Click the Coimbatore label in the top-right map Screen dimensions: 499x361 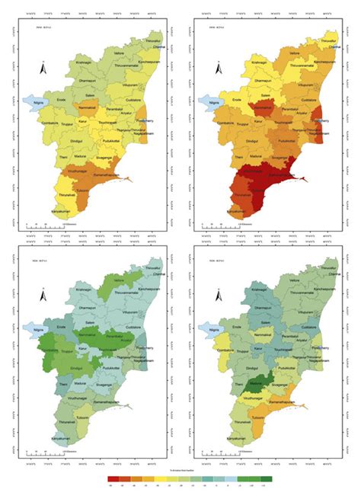point(225,122)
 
